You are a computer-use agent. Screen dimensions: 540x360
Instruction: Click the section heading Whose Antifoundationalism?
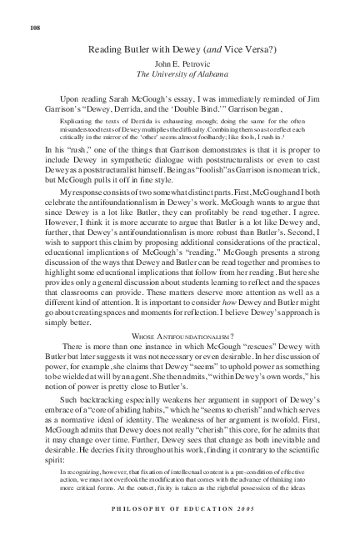pyautogui.click(x=179, y=337)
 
